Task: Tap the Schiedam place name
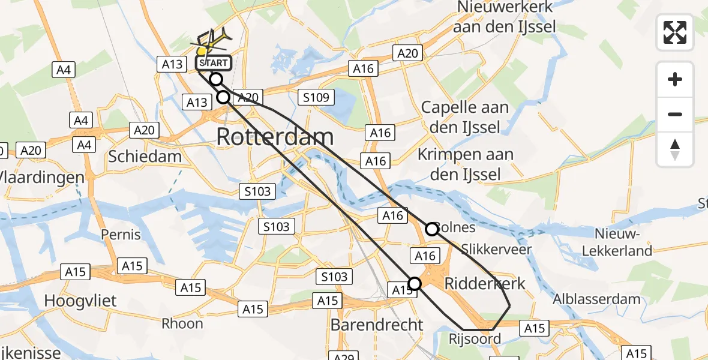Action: [145, 157]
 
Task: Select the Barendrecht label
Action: [377, 325]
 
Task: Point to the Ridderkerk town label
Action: [484, 284]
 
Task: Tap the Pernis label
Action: [121, 234]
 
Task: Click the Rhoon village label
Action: [182, 323]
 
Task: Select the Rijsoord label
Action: [475, 339]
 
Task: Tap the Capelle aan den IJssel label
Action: [465, 118]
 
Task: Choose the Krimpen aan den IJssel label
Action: [466, 164]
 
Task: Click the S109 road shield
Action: [316, 97]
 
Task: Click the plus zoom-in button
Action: [675, 79]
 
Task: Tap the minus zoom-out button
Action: [675, 114]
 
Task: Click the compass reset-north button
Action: [675, 149]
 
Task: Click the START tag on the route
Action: [213, 62]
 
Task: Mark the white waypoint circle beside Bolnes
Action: [432, 229]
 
